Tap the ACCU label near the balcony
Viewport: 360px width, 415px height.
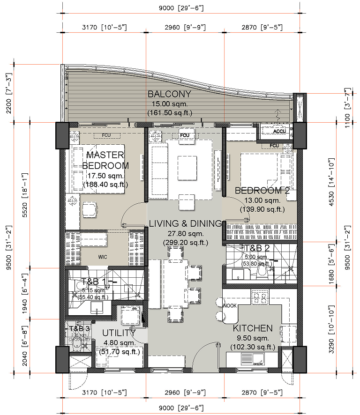(280, 132)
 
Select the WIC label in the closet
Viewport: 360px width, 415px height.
(103, 257)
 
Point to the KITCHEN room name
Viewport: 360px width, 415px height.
(253, 328)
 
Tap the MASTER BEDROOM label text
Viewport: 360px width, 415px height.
(105, 160)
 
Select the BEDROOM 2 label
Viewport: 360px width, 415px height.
(262, 191)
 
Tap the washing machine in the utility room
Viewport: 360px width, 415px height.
(129, 315)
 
